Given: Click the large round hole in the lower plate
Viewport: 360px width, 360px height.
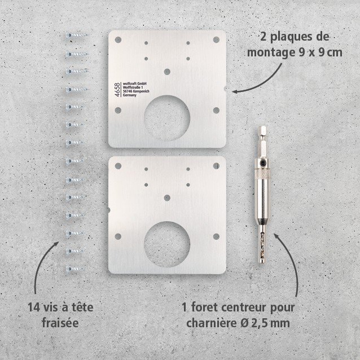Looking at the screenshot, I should pos(167,245).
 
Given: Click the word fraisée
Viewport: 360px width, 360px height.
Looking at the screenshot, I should pos(61,323).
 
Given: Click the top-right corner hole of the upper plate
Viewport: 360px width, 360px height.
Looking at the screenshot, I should pos(216,39).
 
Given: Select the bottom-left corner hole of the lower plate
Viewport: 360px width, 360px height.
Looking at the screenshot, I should pos(118,236).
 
